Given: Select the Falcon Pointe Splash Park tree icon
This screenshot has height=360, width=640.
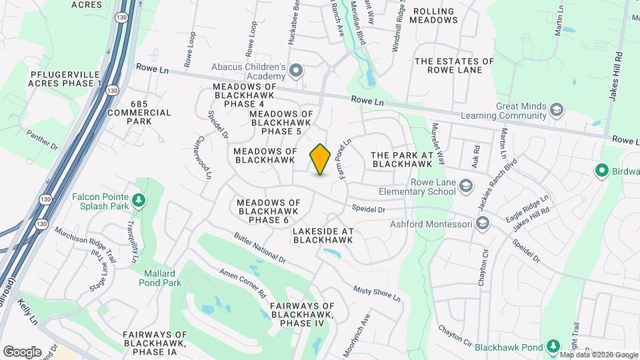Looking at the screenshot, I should (x=138, y=200).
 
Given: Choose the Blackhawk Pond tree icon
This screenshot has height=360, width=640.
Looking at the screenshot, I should (x=552, y=346).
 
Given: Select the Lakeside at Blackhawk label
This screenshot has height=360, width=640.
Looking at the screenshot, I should (x=323, y=235).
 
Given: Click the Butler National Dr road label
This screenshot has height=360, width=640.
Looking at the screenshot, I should (x=260, y=247).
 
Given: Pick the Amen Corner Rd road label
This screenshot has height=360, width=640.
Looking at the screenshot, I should (x=243, y=283).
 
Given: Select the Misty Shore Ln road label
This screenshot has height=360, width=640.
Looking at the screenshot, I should (x=377, y=293).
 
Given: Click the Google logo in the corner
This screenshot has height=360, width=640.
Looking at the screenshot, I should (x=22, y=351).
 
